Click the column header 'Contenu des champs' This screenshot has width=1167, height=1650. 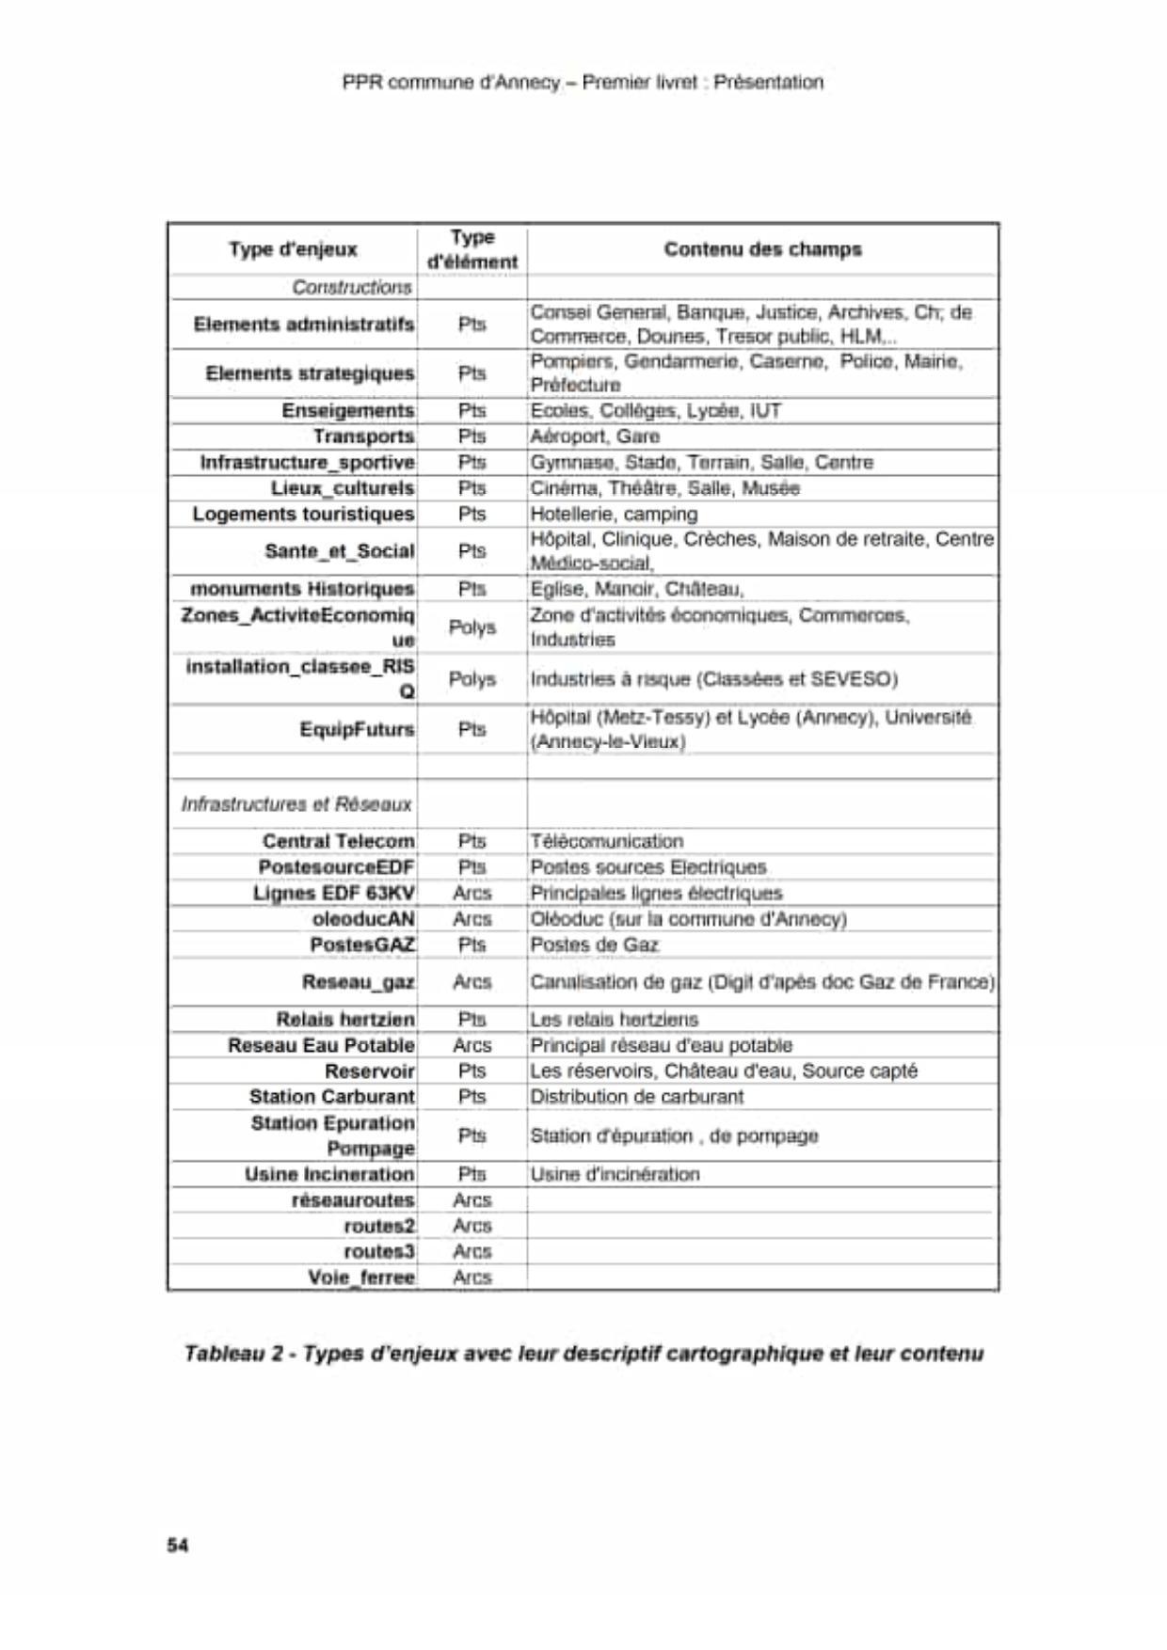pos(762,249)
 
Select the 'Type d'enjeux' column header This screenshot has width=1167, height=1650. pos(293,249)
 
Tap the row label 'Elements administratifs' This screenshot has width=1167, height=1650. pos(303,325)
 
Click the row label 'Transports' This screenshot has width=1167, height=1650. pos(363,436)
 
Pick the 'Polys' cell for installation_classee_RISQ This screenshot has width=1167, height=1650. pos(472,679)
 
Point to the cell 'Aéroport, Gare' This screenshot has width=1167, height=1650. pos(595,436)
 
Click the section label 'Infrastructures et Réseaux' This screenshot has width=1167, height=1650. pos(296,804)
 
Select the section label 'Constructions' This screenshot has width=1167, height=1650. pos(351,287)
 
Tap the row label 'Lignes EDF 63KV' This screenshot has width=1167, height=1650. pos(333,893)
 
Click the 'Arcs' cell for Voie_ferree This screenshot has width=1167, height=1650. pos(472,1277)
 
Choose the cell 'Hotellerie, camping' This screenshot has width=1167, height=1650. pos(614,514)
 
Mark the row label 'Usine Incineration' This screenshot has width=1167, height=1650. pos(329,1174)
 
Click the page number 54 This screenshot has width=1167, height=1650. pos(177,1545)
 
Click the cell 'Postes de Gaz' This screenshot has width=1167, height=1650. pos(594,944)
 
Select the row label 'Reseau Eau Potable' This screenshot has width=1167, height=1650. pos(321,1045)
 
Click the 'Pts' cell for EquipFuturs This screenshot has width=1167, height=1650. pos(472,729)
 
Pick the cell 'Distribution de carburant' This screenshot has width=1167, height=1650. pos(636,1097)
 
